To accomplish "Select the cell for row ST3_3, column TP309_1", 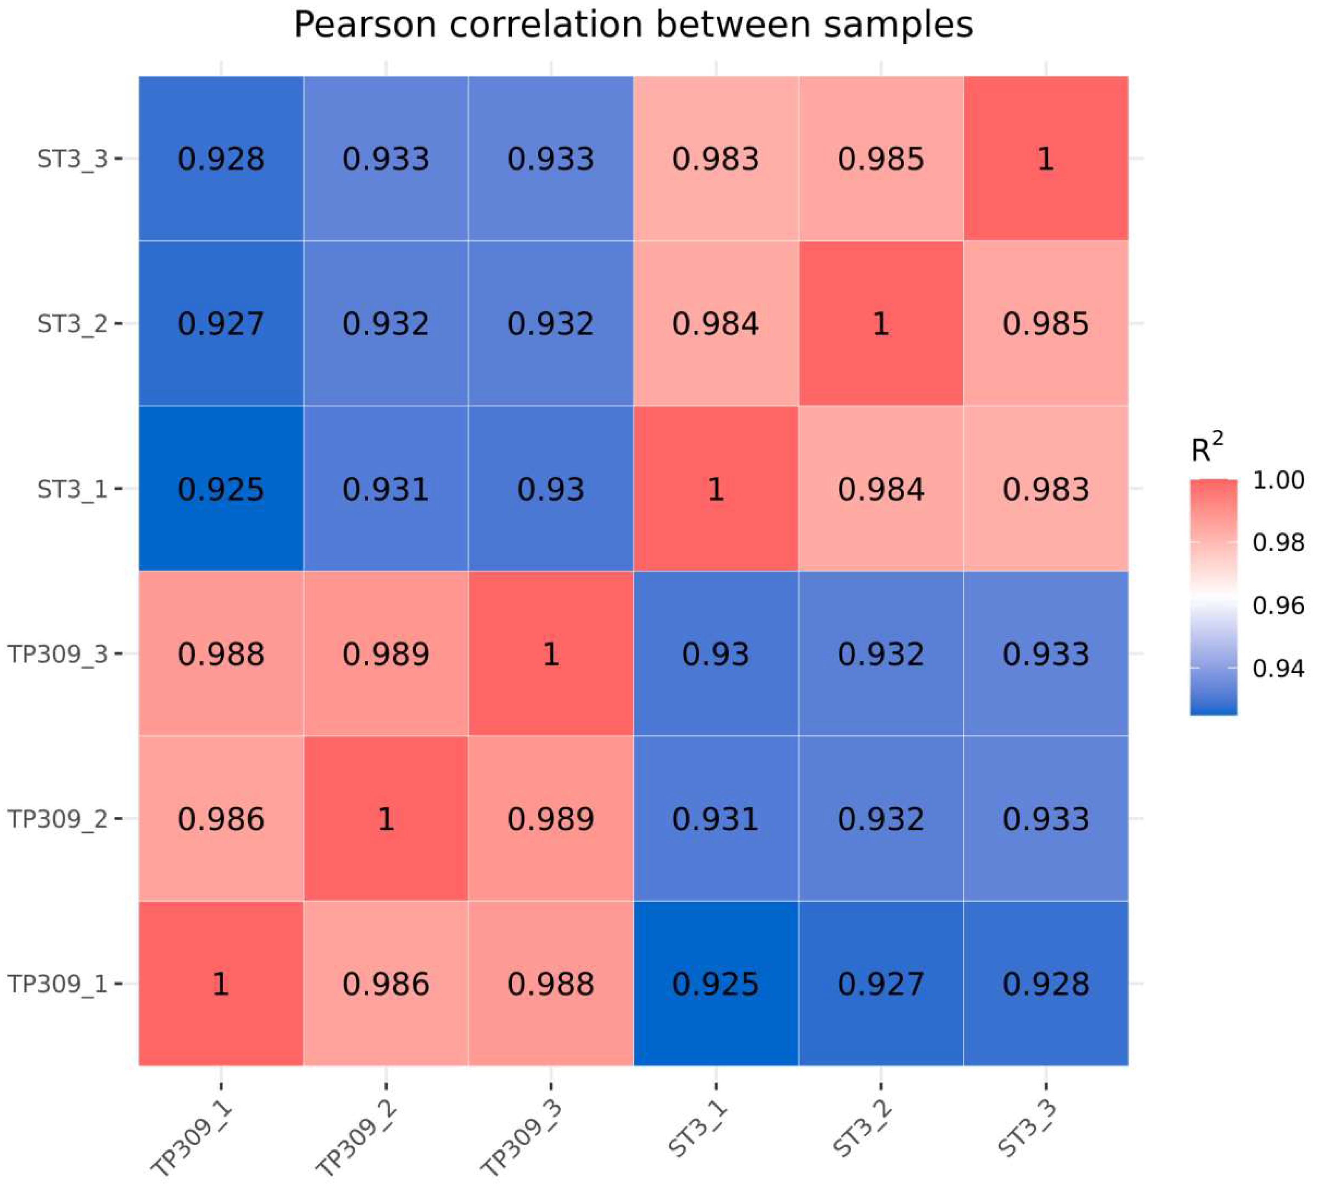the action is pos(221,158).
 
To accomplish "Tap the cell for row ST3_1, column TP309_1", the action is pos(221,488).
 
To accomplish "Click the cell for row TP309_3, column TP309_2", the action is pos(386,653).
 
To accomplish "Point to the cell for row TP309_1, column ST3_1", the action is pos(716,983).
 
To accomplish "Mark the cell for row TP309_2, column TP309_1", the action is pos(221,819).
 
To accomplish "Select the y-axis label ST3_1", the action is pos(72,489).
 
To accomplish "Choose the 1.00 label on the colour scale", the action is pos(1278,480).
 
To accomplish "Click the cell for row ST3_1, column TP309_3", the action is pos(551,488).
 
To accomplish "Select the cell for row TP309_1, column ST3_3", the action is pos(1046,983).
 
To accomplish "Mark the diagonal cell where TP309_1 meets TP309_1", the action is pos(221,983).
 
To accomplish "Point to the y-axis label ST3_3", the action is pos(72,159).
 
